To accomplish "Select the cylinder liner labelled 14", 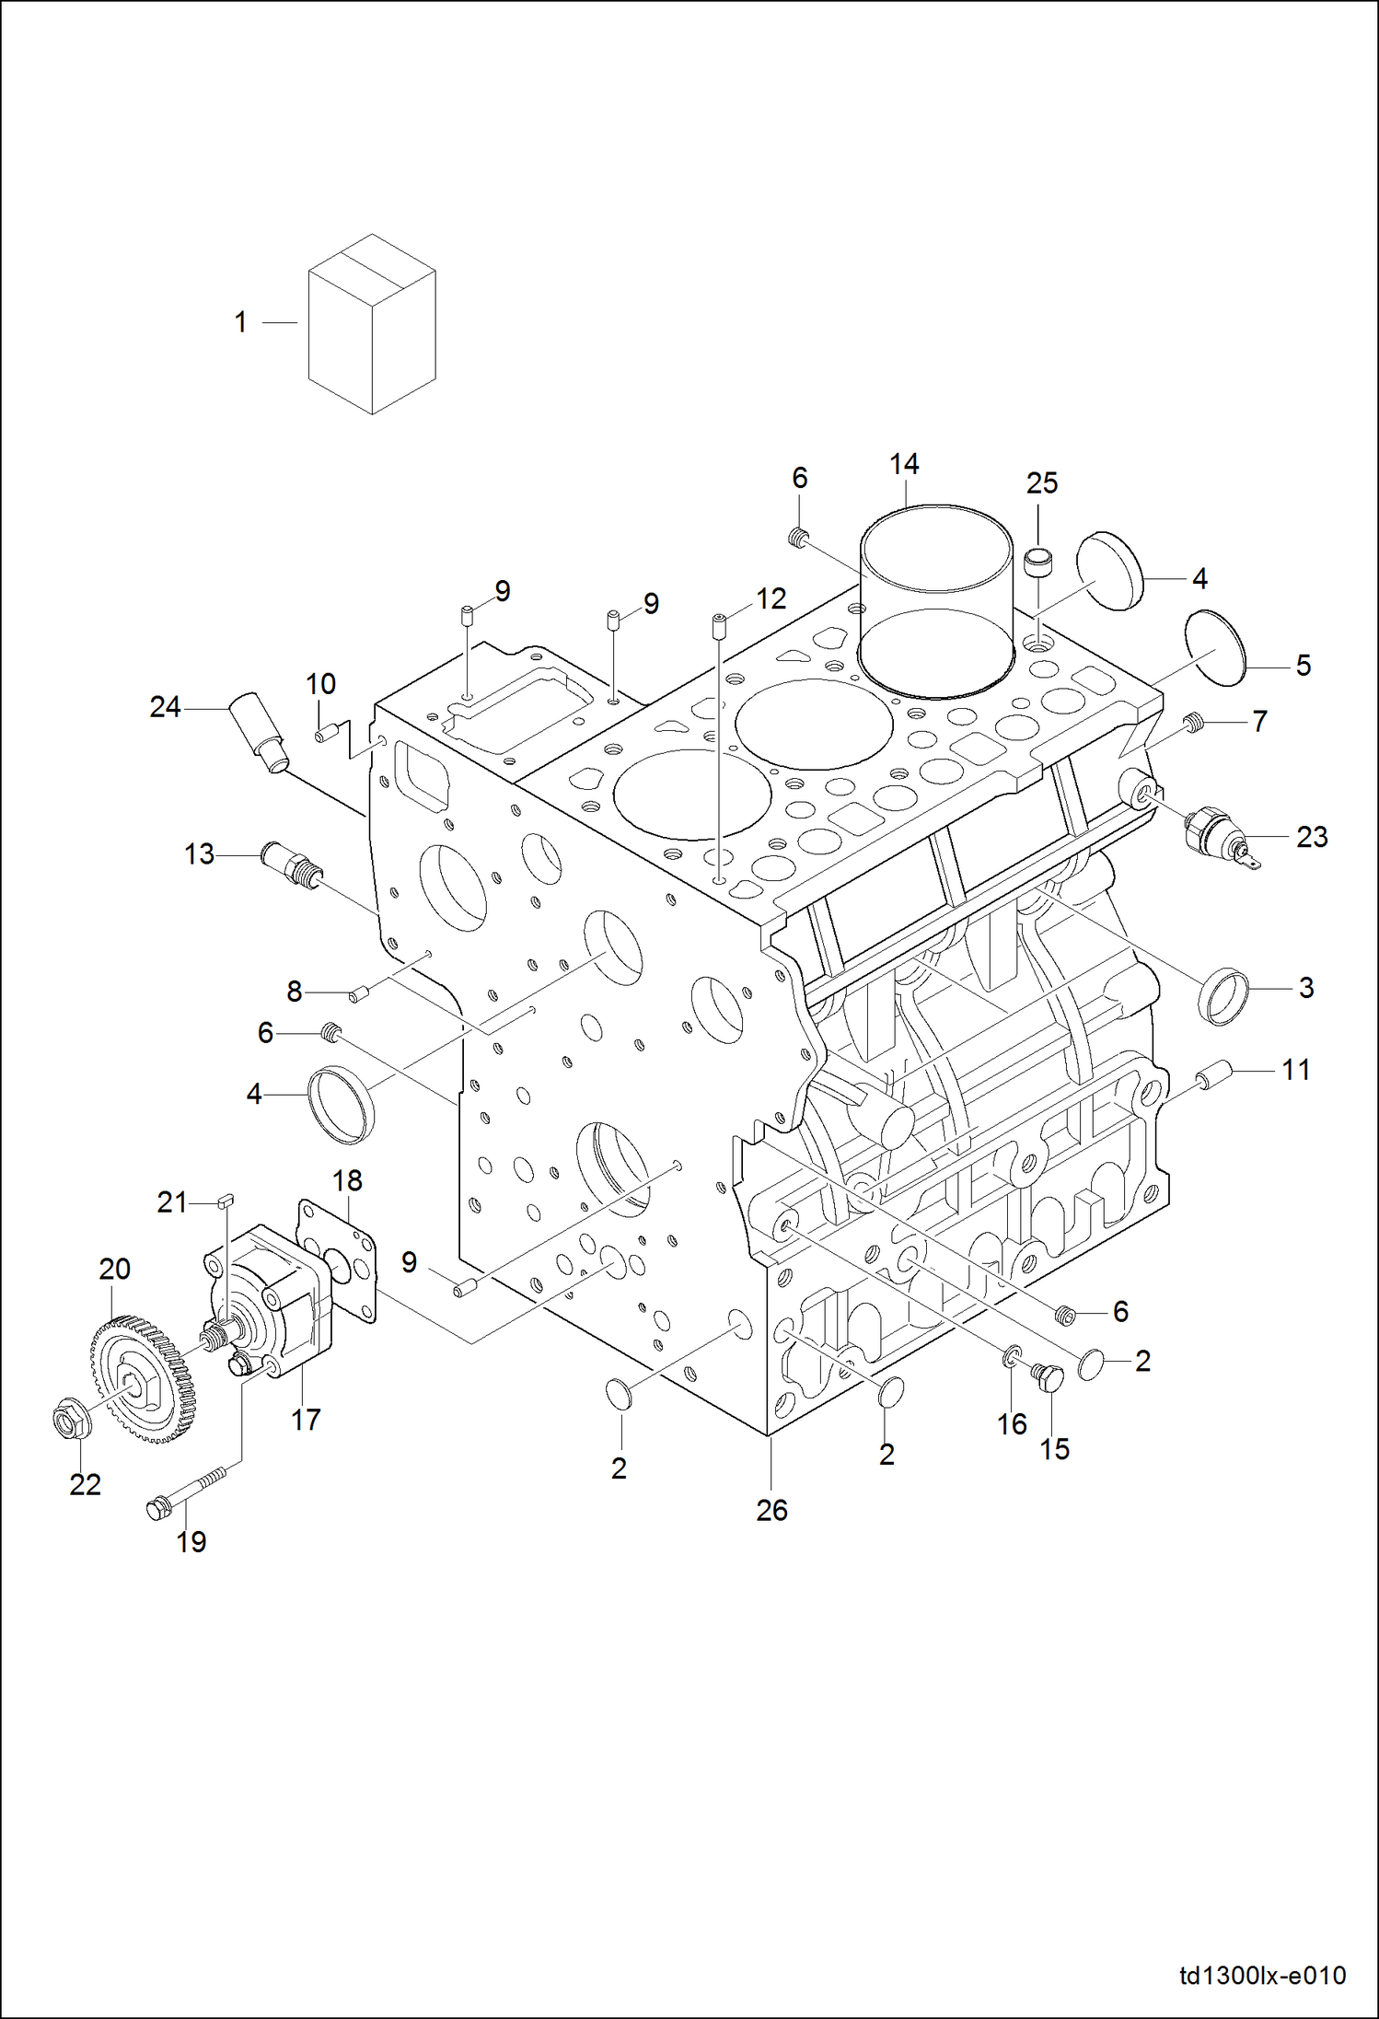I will pyautogui.click(x=936, y=598).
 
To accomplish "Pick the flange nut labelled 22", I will pyautogui.click(x=71, y=1419).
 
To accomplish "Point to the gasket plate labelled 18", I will pyautogui.click(x=339, y=1260).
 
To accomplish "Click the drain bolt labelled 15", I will pyautogui.click(x=1050, y=1377).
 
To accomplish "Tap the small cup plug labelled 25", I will pyautogui.click(x=1038, y=560).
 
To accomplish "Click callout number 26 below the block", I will pyautogui.click(x=771, y=1510).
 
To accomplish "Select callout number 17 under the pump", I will pyautogui.click(x=306, y=1420).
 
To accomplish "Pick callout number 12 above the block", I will pyautogui.click(x=771, y=598).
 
